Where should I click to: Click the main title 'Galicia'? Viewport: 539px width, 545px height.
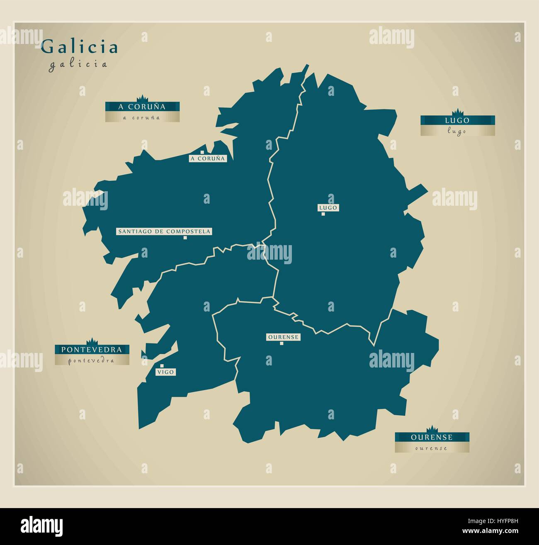(79, 47)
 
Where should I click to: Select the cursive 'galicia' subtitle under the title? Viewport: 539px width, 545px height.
(78, 64)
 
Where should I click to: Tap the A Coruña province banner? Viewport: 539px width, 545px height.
(142, 107)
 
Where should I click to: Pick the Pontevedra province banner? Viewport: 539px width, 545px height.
(92, 350)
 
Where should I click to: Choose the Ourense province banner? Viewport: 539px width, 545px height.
(432, 437)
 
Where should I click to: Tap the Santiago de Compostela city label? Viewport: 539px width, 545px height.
(164, 231)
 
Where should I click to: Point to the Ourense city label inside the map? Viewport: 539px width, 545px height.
(283, 337)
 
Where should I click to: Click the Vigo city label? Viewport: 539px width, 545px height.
(165, 372)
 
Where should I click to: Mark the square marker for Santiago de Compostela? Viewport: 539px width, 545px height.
(186, 238)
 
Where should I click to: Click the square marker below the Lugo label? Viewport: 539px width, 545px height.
(323, 214)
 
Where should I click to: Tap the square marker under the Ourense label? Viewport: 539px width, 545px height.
(281, 343)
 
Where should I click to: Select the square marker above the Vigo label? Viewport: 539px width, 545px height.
(162, 366)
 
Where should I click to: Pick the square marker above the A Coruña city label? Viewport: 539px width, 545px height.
(202, 152)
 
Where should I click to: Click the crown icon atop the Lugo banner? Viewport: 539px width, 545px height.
(457, 112)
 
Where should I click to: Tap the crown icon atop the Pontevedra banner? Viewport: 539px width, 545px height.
(92, 341)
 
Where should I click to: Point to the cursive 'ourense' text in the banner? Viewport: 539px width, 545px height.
(432, 448)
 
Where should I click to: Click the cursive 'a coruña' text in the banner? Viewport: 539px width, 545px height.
(142, 118)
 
